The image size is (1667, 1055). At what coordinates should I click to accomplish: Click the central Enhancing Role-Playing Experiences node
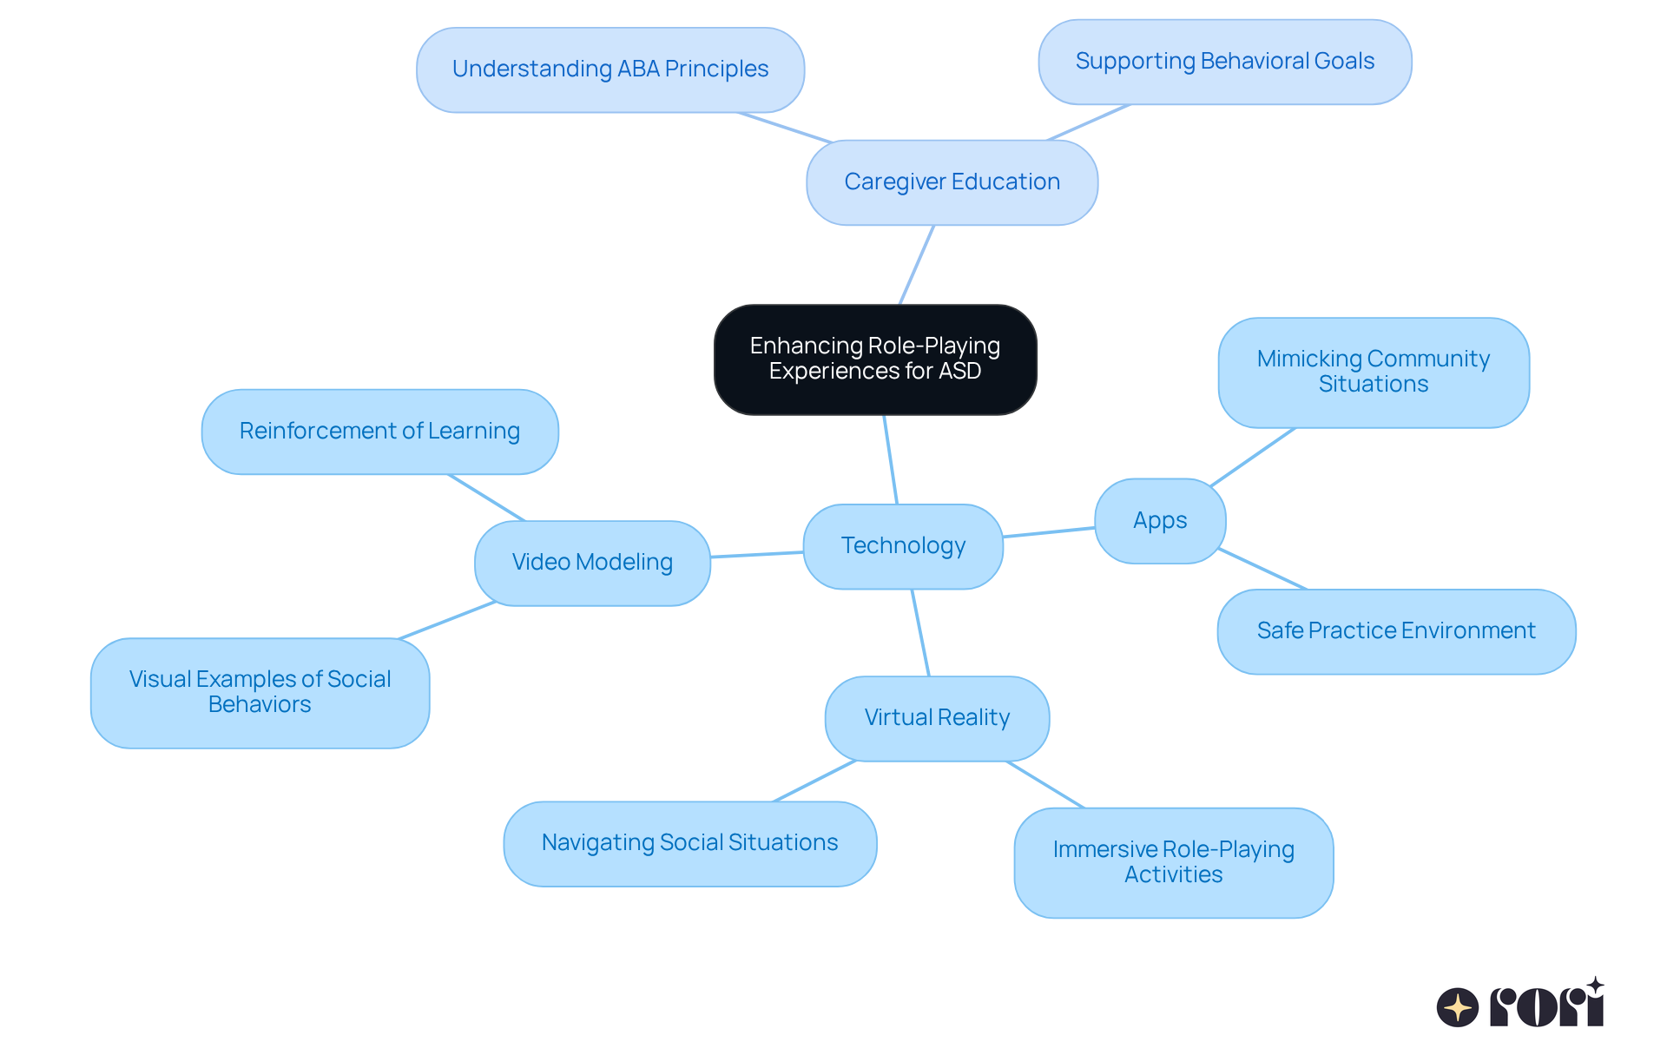pyautogui.click(x=875, y=359)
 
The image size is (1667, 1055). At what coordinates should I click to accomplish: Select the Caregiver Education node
pyautogui.click(x=952, y=182)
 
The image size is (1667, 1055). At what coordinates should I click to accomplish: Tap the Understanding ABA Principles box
pyautogui.click(x=610, y=69)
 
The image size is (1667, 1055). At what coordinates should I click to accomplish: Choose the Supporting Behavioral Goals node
pyautogui.click(x=1224, y=62)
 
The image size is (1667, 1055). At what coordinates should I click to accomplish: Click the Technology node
pyautogui.click(x=903, y=546)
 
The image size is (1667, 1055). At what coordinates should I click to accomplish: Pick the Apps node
pyautogui.click(x=1160, y=521)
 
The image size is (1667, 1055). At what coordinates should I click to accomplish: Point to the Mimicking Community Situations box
pyautogui.click(x=1373, y=372)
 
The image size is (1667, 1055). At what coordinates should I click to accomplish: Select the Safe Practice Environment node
pyautogui.click(x=1396, y=631)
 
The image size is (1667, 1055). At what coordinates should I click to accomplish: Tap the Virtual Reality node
pyautogui.click(x=937, y=718)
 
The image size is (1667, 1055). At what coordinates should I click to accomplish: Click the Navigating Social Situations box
pyautogui.click(x=689, y=843)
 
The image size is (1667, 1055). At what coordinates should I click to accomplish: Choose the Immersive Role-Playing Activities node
pyautogui.click(x=1173, y=862)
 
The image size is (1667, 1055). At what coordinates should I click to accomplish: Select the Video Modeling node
pyautogui.click(x=592, y=563)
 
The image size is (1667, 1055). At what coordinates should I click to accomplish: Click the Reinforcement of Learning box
pyautogui.click(x=379, y=432)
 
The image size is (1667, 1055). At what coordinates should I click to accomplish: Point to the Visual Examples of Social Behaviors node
pyautogui.click(x=260, y=692)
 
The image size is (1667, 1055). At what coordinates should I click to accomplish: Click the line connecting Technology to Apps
pyautogui.click(x=1049, y=532)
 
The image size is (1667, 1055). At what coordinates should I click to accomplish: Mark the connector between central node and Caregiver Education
pyautogui.click(x=917, y=265)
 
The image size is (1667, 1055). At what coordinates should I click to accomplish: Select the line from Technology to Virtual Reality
pyautogui.click(x=920, y=633)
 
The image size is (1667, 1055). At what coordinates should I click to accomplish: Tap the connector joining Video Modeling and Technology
pyautogui.click(x=757, y=554)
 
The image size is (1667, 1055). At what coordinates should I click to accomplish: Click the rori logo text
pyautogui.click(x=1547, y=1007)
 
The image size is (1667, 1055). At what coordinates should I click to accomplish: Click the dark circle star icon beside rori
pyautogui.click(x=1458, y=1007)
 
